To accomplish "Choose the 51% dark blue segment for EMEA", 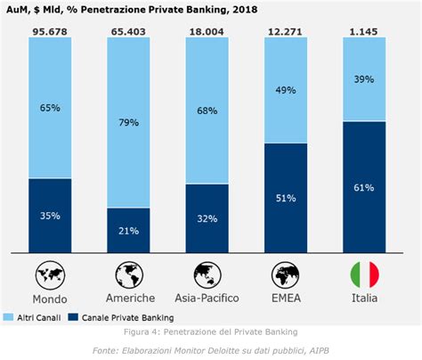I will coord(286,198).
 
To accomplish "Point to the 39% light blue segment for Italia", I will coord(363,80).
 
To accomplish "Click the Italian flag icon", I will coord(363,274).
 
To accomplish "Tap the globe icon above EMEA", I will coord(286,274).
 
